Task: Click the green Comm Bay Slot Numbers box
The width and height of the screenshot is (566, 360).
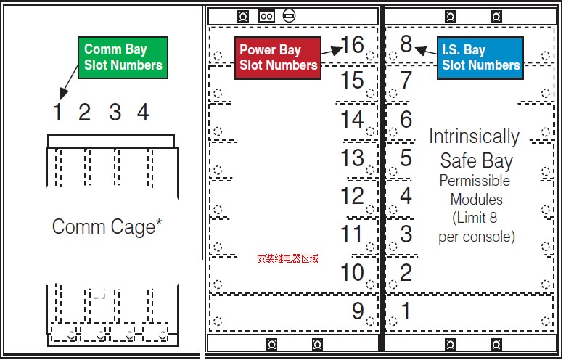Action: (123, 57)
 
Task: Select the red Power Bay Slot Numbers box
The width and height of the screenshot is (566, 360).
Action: (278, 58)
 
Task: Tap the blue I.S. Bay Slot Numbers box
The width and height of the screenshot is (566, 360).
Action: (480, 58)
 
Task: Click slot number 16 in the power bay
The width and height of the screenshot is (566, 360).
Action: (353, 45)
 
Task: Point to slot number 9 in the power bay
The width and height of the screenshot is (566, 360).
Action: (358, 311)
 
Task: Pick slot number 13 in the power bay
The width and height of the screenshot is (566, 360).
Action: (353, 157)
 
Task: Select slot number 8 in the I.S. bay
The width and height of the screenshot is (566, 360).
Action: (406, 44)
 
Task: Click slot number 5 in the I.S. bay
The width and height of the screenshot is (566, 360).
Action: (406, 157)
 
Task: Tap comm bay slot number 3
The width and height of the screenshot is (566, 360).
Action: (115, 112)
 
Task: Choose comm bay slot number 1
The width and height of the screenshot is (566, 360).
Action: (57, 112)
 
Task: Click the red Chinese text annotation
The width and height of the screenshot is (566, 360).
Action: (287, 258)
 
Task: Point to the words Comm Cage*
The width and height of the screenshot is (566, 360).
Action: (107, 226)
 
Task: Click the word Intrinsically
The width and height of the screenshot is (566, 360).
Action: (474, 136)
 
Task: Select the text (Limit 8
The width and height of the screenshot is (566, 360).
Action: (475, 218)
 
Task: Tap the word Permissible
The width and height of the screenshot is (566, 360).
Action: (475, 181)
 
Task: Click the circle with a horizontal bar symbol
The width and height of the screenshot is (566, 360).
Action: (289, 15)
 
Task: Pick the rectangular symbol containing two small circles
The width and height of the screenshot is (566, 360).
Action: (266, 16)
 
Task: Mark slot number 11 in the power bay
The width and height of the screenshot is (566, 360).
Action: (352, 234)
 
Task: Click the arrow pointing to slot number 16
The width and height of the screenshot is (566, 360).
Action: (332, 51)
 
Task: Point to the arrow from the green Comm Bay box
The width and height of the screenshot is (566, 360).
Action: (69, 83)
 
